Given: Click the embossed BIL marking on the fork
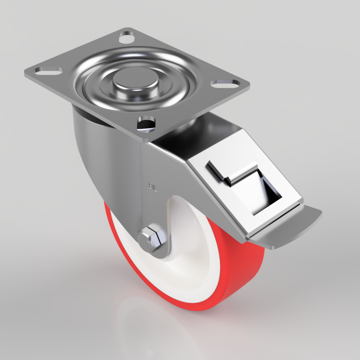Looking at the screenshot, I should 152,186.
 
